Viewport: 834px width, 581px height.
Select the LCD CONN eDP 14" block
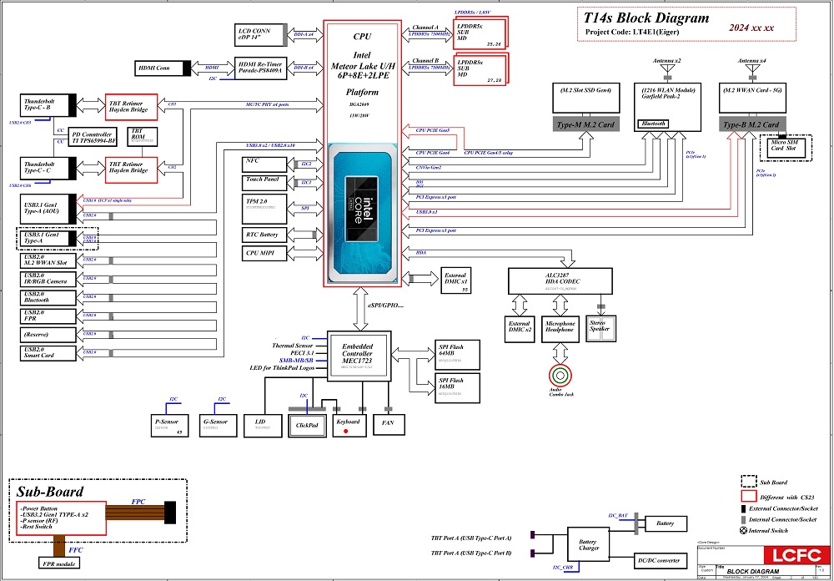259,34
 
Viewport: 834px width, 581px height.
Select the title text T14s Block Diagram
646,18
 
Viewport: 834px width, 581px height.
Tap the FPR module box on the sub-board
59,563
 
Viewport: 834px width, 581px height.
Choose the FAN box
388,423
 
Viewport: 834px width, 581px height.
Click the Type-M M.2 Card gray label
586,124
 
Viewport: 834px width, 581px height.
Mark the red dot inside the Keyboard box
346,431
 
